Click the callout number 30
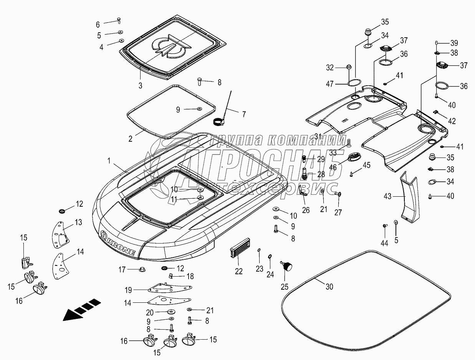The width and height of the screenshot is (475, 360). pyautogui.click(x=329, y=287)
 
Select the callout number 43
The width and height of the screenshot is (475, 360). pyautogui.click(x=387, y=196)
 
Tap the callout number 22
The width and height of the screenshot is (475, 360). pyautogui.click(x=239, y=271)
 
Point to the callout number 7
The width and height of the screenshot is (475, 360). pyautogui.click(x=244, y=114)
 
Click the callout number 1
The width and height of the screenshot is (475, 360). pyautogui.click(x=109, y=161)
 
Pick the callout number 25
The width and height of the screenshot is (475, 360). pyautogui.click(x=285, y=287)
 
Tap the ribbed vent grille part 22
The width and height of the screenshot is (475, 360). pyautogui.click(x=240, y=247)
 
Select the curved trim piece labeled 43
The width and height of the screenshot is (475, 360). pyautogui.click(x=409, y=197)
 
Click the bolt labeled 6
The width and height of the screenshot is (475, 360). pyautogui.click(x=119, y=21)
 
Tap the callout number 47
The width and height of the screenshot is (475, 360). pyautogui.click(x=329, y=84)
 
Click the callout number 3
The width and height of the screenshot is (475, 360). pyautogui.click(x=141, y=86)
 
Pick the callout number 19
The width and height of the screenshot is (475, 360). pyautogui.click(x=128, y=290)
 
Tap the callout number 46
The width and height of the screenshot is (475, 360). pyautogui.click(x=333, y=167)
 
